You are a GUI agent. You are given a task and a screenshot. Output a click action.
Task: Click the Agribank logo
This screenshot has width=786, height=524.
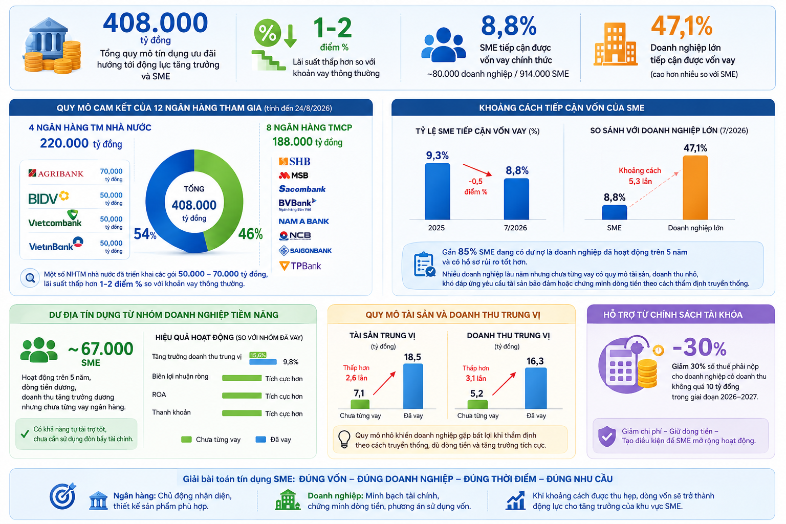point(56,173)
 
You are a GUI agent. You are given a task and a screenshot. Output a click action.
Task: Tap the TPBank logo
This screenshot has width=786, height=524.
point(300,266)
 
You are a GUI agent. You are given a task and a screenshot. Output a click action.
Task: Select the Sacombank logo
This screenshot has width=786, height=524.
point(302,189)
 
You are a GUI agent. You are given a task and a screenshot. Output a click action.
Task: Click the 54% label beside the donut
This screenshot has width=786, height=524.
point(145,234)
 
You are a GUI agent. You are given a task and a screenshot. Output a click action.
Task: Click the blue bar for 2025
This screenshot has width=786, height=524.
point(437,191)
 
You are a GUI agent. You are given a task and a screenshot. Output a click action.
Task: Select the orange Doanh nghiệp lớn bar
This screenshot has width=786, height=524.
point(695,188)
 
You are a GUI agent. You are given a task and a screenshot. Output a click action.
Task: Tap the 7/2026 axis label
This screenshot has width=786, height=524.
point(515,228)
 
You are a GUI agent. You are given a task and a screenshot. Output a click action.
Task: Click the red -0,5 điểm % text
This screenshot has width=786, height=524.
point(475,187)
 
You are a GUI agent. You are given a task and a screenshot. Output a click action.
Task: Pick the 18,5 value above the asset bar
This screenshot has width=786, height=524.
point(412,357)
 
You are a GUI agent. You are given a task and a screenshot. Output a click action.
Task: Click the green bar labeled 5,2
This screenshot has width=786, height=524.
point(477,404)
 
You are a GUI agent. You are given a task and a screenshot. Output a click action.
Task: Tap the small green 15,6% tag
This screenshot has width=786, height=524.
point(258,355)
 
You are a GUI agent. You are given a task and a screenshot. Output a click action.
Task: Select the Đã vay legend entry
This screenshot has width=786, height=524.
point(273,440)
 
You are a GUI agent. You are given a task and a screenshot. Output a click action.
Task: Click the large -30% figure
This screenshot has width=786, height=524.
point(700,347)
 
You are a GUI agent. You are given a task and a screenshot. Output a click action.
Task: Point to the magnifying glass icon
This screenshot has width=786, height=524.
point(30,278)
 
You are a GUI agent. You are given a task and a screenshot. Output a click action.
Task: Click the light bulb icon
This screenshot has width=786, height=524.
point(344,439)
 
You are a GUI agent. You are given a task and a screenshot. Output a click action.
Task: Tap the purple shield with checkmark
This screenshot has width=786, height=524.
point(607,436)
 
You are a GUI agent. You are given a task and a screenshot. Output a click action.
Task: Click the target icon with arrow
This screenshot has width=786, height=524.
point(63,496)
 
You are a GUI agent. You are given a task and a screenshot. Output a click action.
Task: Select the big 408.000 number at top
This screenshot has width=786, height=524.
point(156,23)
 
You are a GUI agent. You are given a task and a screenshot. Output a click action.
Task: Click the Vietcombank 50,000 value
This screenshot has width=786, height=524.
point(111,219)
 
